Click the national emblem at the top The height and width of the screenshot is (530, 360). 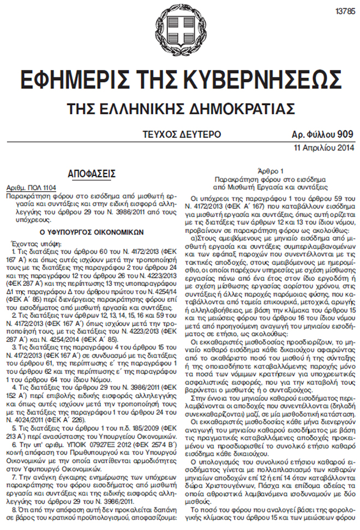tap(181, 30)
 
